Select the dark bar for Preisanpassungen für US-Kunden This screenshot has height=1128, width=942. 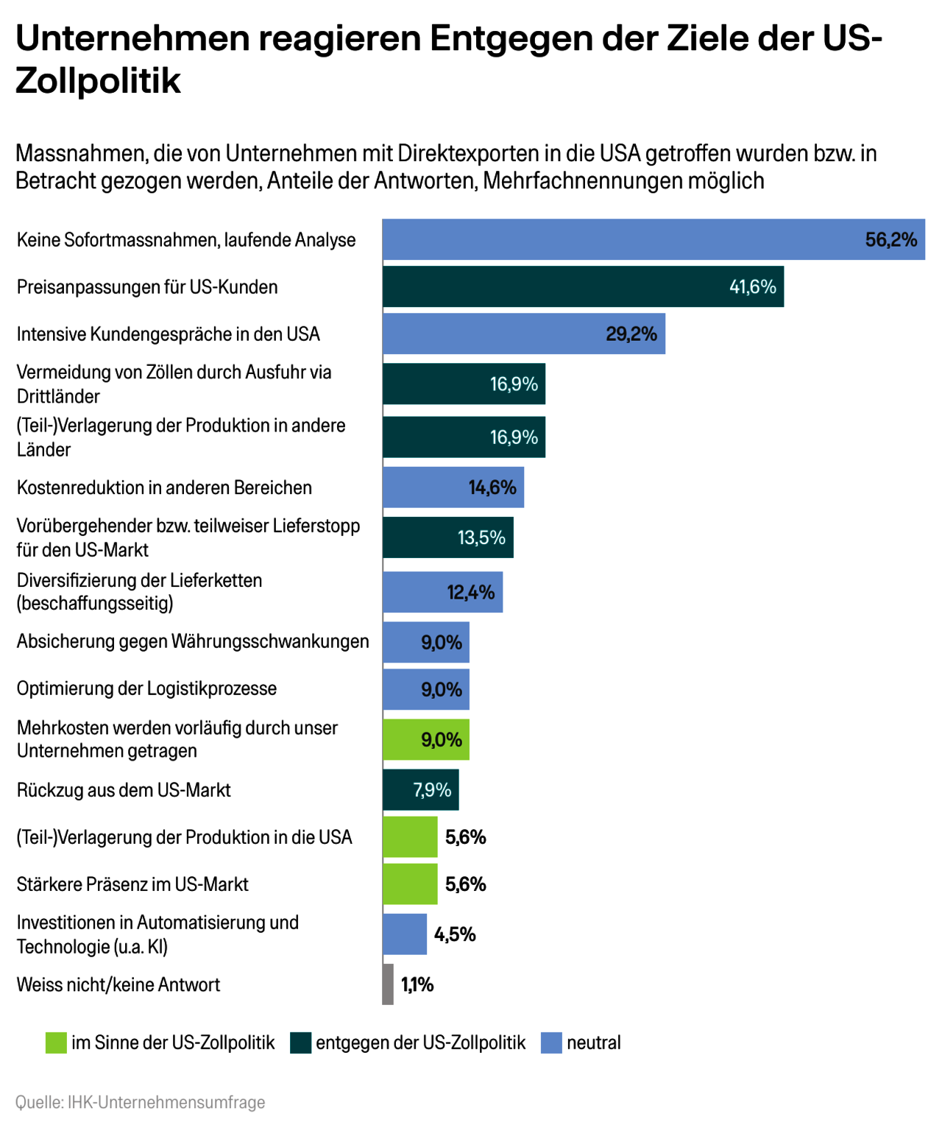pyautogui.click(x=559, y=286)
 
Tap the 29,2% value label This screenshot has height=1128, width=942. pyautogui.click(x=631, y=334)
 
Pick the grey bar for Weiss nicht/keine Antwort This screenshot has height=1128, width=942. pyautogui.click(x=388, y=984)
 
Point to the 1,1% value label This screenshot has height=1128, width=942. pyautogui.click(x=417, y=985)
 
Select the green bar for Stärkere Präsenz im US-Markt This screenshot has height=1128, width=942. pyautogui.click(x=410, y=884)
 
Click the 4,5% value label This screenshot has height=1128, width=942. pyautogui.click(x=455, y=935)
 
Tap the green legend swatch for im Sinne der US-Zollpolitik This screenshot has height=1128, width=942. pyautogui.click(x=56, y=1043)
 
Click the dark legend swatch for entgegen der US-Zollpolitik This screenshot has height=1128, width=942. pyautogui.click(x=301, y=1043)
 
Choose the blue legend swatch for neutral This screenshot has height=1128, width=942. pyautogui.click(x=551, y=1043)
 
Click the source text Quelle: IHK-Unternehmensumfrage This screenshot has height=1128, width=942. pyautogui.click(x=141, y=1102)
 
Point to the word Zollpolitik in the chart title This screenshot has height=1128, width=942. pyautogui.click(x=98, y=80)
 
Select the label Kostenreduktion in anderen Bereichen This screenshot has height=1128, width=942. pyautogui.click(x=164, y=487)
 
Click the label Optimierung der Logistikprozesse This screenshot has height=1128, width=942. pyautogui.click(x=147, y=688)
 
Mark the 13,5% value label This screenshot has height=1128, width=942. pyautogui.click(x=481, y=537)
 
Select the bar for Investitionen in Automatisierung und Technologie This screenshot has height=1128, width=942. pyautogui.click(x=404, y=934)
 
